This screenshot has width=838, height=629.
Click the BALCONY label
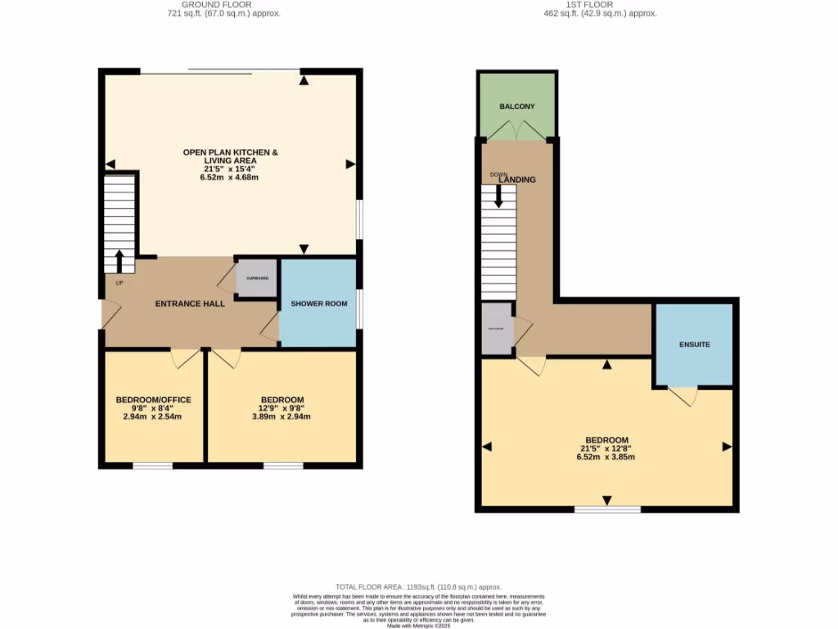517,106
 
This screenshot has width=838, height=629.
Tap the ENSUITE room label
694,345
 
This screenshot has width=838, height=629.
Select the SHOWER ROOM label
318,304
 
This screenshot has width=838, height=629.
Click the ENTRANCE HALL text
190,304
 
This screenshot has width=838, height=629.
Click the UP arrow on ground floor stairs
119,261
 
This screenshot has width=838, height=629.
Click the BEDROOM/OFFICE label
153,400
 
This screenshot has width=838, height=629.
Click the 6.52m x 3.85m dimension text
606,456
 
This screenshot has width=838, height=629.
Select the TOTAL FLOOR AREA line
419,587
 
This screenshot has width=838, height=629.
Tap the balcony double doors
517,131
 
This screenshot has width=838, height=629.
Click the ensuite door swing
683,396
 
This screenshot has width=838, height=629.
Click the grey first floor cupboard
496,328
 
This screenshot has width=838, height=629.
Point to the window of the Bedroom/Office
153,466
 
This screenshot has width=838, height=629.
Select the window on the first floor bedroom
606,509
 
